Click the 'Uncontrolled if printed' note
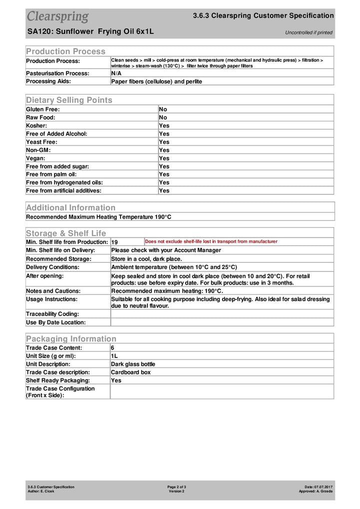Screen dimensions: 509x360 pos(308,32)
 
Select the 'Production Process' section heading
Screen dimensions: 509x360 pos(65,51)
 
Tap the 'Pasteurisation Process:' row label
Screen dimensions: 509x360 pos(57,73)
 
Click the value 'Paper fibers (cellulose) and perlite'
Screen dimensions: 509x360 pos(156,81)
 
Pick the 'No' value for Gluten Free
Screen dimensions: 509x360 pos(163,109)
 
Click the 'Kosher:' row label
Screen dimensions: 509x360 pos(36,125)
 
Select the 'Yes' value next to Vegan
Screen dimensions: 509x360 pos(164,158)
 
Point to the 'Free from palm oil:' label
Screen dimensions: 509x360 pos(51,174)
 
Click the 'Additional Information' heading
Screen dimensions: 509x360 pos(70,207)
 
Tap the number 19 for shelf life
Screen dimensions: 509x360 pos(114,242)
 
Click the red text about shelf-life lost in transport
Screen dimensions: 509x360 pos(211,241)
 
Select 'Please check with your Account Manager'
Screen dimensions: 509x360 pos(166,250)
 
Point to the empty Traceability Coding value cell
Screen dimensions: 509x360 pos(221,313)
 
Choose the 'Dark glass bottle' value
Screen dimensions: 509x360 pos(133,364)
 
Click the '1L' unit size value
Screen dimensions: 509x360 pos(114,355)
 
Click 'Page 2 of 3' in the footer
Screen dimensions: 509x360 pos(176,486)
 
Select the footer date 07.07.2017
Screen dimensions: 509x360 pos(323,486)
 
